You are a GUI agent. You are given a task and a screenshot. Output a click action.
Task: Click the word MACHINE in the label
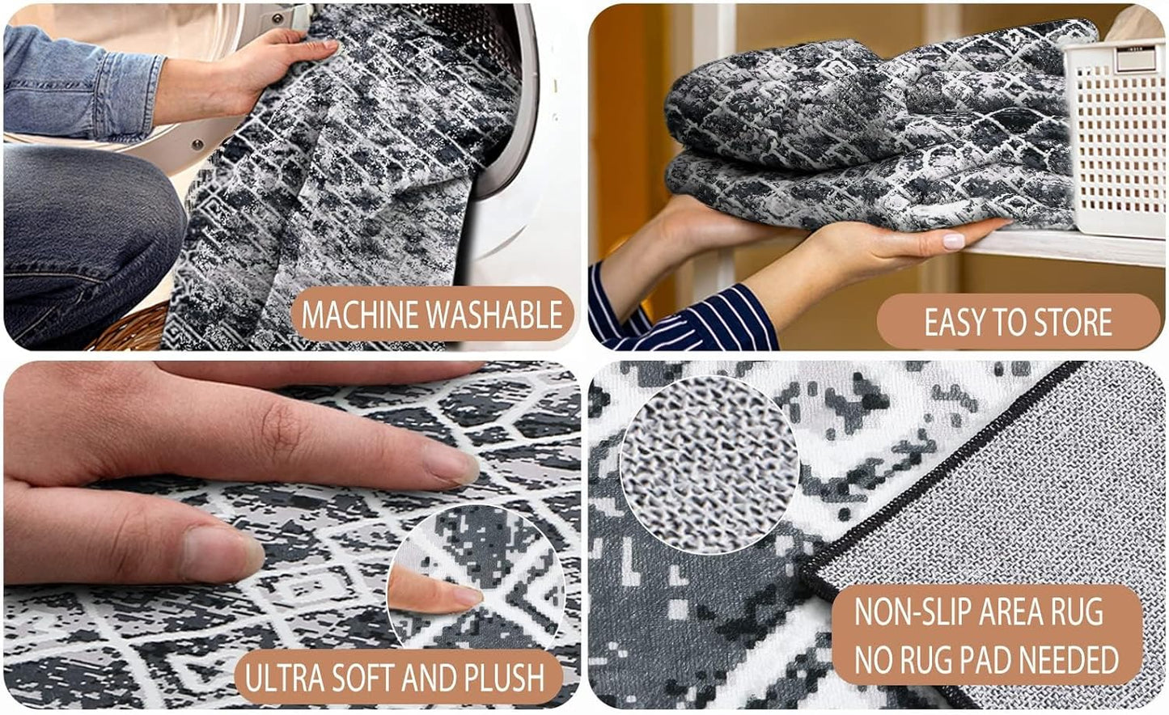pyautogui.click(x=361, y=315)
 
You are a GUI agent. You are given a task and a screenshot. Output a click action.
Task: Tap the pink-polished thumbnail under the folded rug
pyautogui.click(x=954, y=241)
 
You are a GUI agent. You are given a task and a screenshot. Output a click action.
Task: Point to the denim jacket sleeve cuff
pyautogui.click(x=133, y=96)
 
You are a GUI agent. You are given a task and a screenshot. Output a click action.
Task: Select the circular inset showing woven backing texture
pyautogui.click(x=709, y=464)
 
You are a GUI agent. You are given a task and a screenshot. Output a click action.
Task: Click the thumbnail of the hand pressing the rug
pyautogui.click(x=223, y=553)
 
